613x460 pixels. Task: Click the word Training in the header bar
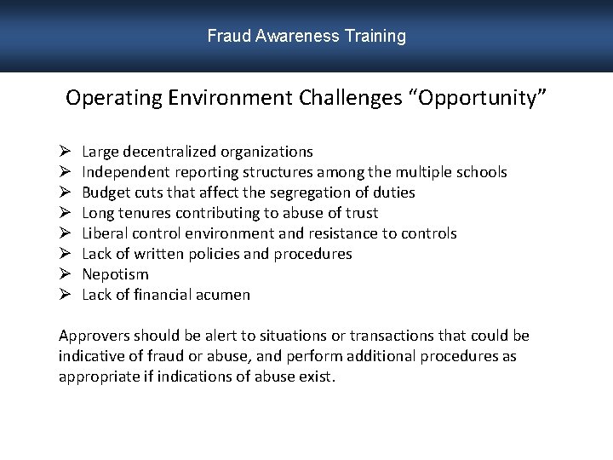click(x=375, y=37)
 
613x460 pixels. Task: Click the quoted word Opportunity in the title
click(x=478, y=98)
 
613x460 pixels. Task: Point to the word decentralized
click(x=170, y=152)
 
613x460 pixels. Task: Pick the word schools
click(x=481, y=172)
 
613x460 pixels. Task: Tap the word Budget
click(x=106, y=193)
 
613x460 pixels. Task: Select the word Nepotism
click(x=115, y=274)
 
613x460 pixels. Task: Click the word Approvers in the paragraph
click(x=94, y=336)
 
